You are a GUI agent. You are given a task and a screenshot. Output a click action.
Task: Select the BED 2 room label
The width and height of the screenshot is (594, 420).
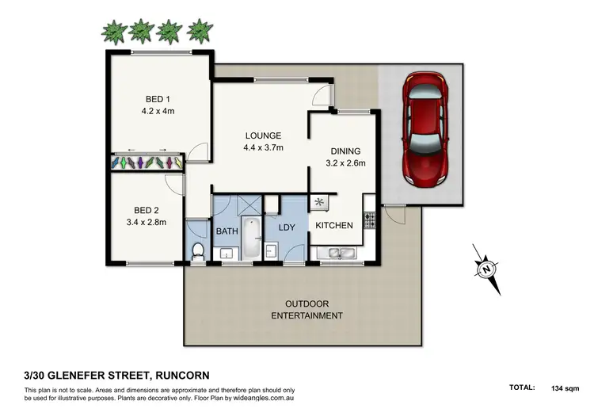(x=147, y=210)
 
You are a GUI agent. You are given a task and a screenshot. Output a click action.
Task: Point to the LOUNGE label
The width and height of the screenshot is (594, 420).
(x=264, y=136)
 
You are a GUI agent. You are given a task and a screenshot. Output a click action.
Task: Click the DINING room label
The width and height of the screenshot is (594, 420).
(x=345, y=151)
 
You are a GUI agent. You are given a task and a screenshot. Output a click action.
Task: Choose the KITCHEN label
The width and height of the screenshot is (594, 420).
(x=334, y=226)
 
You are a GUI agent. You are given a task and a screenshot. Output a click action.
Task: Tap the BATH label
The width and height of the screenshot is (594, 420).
(x=227, y=231)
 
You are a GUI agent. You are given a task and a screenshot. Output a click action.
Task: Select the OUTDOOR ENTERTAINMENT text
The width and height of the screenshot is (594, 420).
(x=307, y=310)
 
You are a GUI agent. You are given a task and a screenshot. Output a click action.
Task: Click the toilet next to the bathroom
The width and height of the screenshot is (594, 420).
(x=199, y=250)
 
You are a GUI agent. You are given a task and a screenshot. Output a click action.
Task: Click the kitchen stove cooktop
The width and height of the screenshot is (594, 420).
(x=368, y=220)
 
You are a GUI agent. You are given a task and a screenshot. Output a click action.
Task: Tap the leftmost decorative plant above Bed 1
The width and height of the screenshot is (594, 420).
(x=116, y=32)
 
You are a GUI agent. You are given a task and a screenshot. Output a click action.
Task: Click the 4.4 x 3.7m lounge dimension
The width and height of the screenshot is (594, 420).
(x=264, y=147)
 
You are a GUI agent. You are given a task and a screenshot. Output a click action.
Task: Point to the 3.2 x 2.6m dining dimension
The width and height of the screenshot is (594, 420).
(x=345, y=163)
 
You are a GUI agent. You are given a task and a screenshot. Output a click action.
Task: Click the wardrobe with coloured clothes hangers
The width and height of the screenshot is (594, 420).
(x=148, y=162)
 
